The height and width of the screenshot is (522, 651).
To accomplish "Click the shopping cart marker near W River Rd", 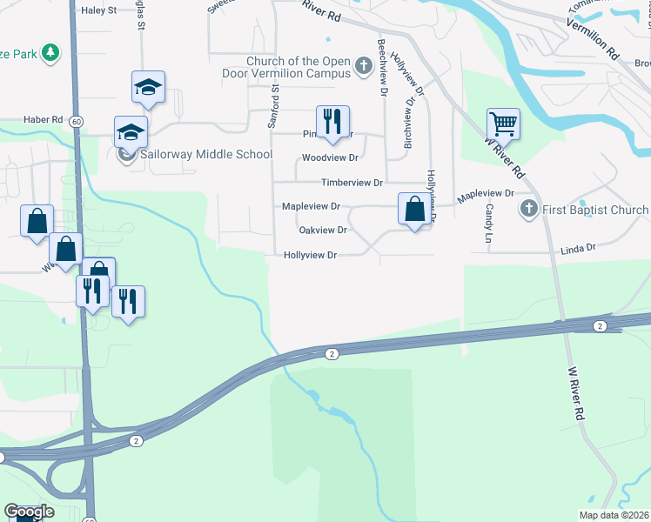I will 503,124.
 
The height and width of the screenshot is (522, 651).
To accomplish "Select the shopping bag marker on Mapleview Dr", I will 415,209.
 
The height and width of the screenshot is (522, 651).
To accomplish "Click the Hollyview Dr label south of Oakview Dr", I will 310,255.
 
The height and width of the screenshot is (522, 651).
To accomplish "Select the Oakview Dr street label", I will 323,231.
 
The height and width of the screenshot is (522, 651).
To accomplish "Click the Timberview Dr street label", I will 352,183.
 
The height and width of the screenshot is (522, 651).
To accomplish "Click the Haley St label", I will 97,11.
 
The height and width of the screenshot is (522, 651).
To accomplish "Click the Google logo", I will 29,512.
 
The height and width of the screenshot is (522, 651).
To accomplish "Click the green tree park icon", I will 51,54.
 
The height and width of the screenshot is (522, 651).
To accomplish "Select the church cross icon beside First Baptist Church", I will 527,210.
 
